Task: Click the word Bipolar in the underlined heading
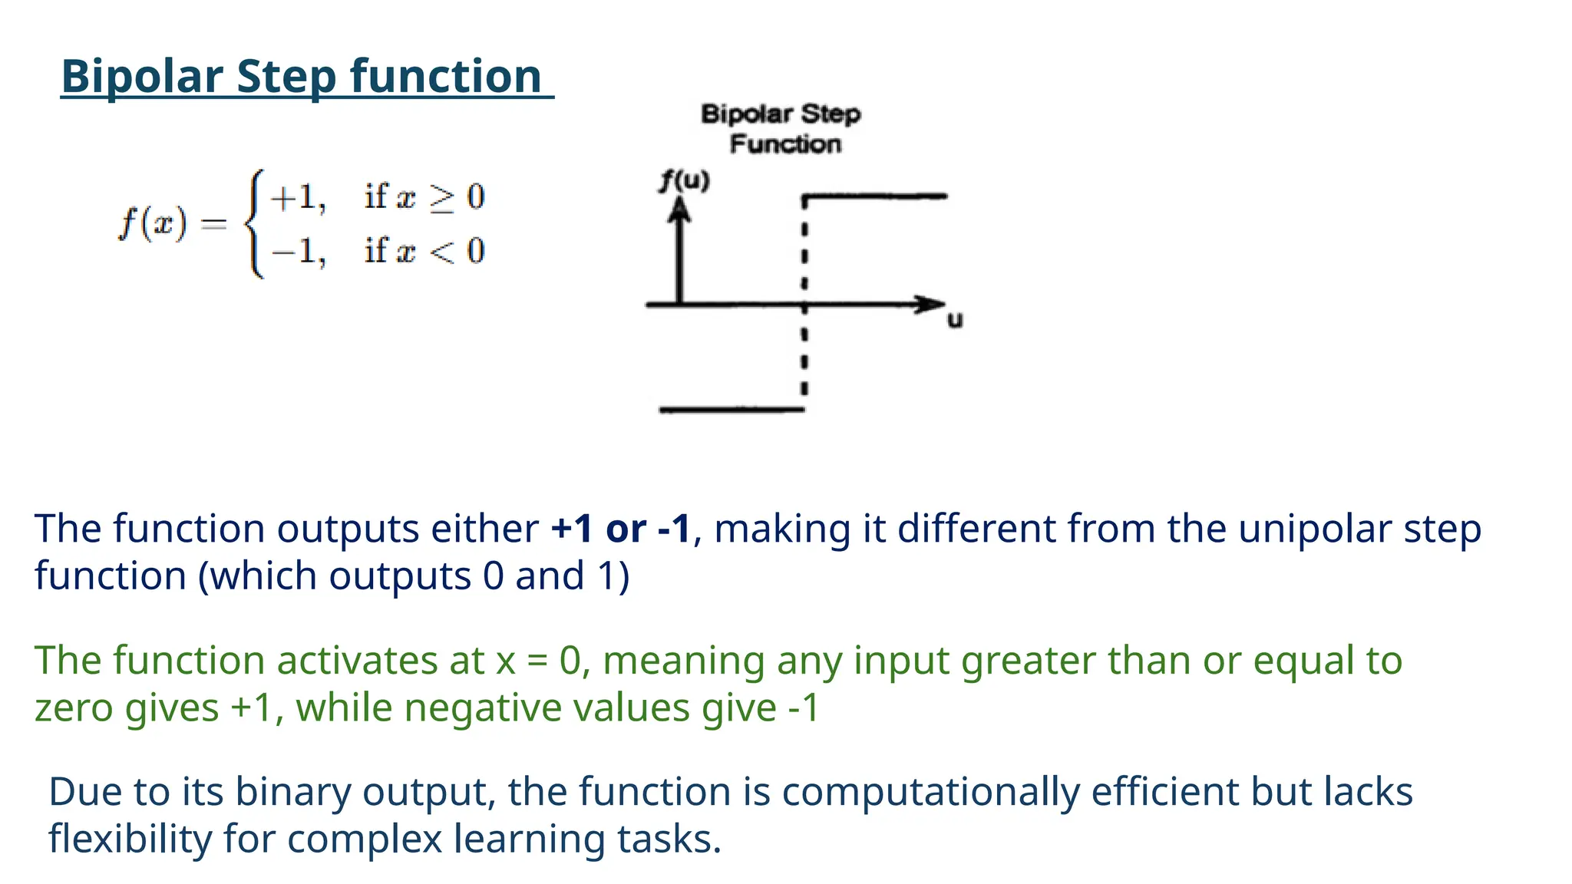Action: click(x=141, y=77)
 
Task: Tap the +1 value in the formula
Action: click(x=297, y=197)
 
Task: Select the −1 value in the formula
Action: click(x=297, y=251)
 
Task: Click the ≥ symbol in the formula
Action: click(x=441, y=197)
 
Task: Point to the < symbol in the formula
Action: click(x=441, y=251)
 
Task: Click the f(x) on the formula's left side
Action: click(x=153, y=224)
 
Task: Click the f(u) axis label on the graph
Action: click(x=685, y=181)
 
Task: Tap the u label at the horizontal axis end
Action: click(x=954, y=320)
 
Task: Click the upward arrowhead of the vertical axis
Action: click(x=679, y=209)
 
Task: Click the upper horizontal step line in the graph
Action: click(x=875, y=197)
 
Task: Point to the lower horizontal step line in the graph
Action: click(x=732, y=410)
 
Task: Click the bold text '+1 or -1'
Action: click(x=621, y=529)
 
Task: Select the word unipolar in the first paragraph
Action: click(x=1314, y=529)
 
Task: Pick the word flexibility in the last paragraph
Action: click(x=130, y=839)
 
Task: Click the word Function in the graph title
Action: click(x=785, y=144)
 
